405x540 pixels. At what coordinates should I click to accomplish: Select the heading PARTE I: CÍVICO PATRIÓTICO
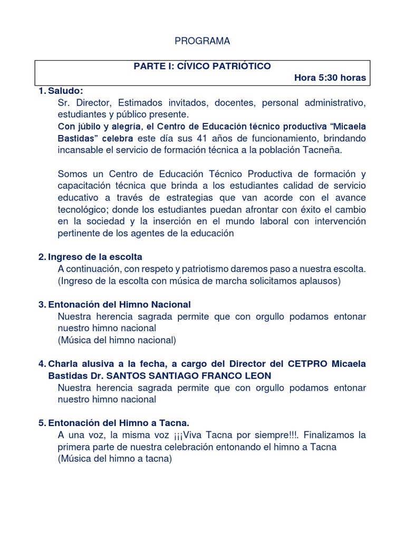coord(202,66)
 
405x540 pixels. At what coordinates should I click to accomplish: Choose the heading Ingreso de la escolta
coord(95,257)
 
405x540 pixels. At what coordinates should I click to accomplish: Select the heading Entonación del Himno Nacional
coord(119,304)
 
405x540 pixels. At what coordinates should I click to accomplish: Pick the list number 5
coord(41,423)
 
